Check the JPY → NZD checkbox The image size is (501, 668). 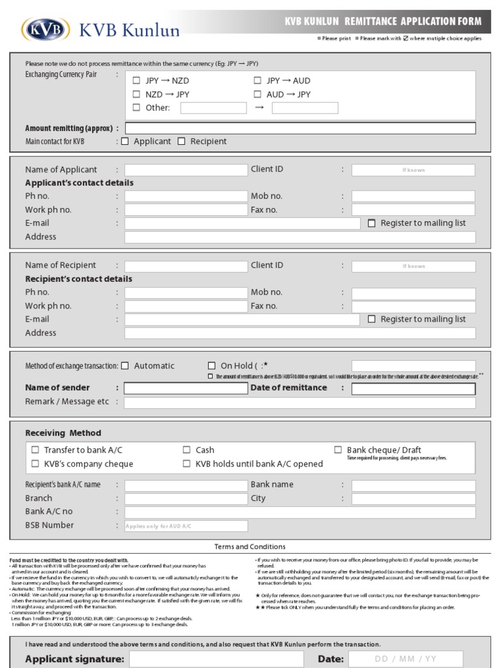[136, 81]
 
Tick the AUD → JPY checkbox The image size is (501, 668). [257, 95]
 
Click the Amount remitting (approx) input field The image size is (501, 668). [300, 128]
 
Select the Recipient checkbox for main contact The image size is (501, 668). [182, 142]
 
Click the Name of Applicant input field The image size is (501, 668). [186, 170]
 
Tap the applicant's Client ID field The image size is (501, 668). [414, 170]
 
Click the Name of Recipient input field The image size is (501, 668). [186, 266]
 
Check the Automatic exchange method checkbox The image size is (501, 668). [125, 366]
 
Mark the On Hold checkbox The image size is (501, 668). [211, 366]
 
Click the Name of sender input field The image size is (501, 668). [186, 389]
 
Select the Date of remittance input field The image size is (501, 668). [414, 389]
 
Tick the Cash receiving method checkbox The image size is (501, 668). [187, 450]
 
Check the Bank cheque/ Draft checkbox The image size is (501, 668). [338, 450]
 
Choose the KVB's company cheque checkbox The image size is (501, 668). [35, 464]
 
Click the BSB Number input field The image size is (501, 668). [186, 526]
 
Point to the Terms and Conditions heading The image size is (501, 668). [250, 547]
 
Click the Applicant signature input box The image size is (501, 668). [220, 660]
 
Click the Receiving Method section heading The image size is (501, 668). [63, 433]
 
